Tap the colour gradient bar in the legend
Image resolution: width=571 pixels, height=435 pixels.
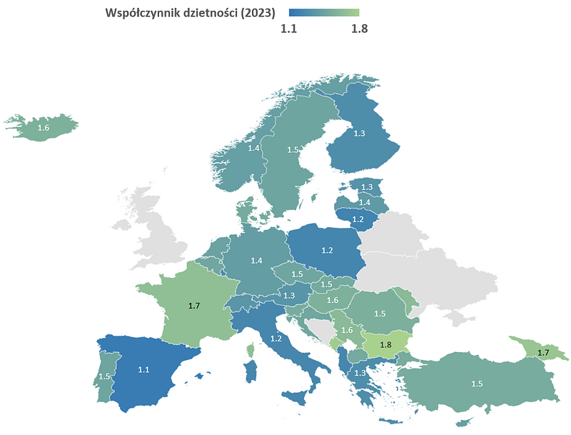coord(323,13)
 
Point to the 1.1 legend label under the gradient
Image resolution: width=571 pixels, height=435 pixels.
coord(288,29)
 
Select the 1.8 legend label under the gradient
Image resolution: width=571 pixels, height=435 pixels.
coord(359,29)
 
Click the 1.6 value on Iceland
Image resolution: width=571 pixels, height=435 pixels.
coord(43,128)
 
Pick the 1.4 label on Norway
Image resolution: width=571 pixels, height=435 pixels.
coord(254,148)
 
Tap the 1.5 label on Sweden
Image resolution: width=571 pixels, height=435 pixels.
coord(293,150)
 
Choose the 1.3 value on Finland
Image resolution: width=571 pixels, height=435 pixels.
coord(359,134)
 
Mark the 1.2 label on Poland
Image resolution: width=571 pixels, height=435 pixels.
coord(327,250)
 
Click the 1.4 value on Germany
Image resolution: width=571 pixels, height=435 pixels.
coord(256,261)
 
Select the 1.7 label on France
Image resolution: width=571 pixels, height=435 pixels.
coord(194,305)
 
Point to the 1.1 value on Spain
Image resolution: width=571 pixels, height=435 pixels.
coord(143,369)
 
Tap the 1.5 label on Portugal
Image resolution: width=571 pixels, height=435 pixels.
coord(104,376)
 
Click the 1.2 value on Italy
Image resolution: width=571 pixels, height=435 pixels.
coord(276,338)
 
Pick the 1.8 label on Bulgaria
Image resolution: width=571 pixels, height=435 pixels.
coord(385,344)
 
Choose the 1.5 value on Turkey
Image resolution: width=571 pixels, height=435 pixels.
coord(477,384)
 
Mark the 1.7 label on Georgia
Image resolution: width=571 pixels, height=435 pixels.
coord(542,352)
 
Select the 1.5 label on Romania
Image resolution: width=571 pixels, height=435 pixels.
coord(380,313)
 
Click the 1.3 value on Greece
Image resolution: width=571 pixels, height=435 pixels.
coord(360,373)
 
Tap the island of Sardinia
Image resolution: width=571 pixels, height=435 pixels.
coord(251,371)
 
